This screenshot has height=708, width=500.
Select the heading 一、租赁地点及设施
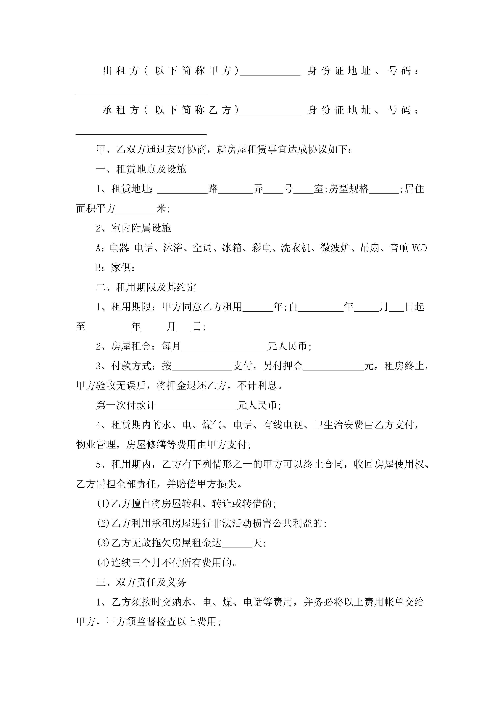click(141, 169)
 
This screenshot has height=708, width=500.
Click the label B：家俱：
click(115, 268)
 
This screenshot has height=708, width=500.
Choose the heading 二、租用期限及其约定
click(146, 287)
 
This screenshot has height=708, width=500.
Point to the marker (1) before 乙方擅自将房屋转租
click(103, 504)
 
